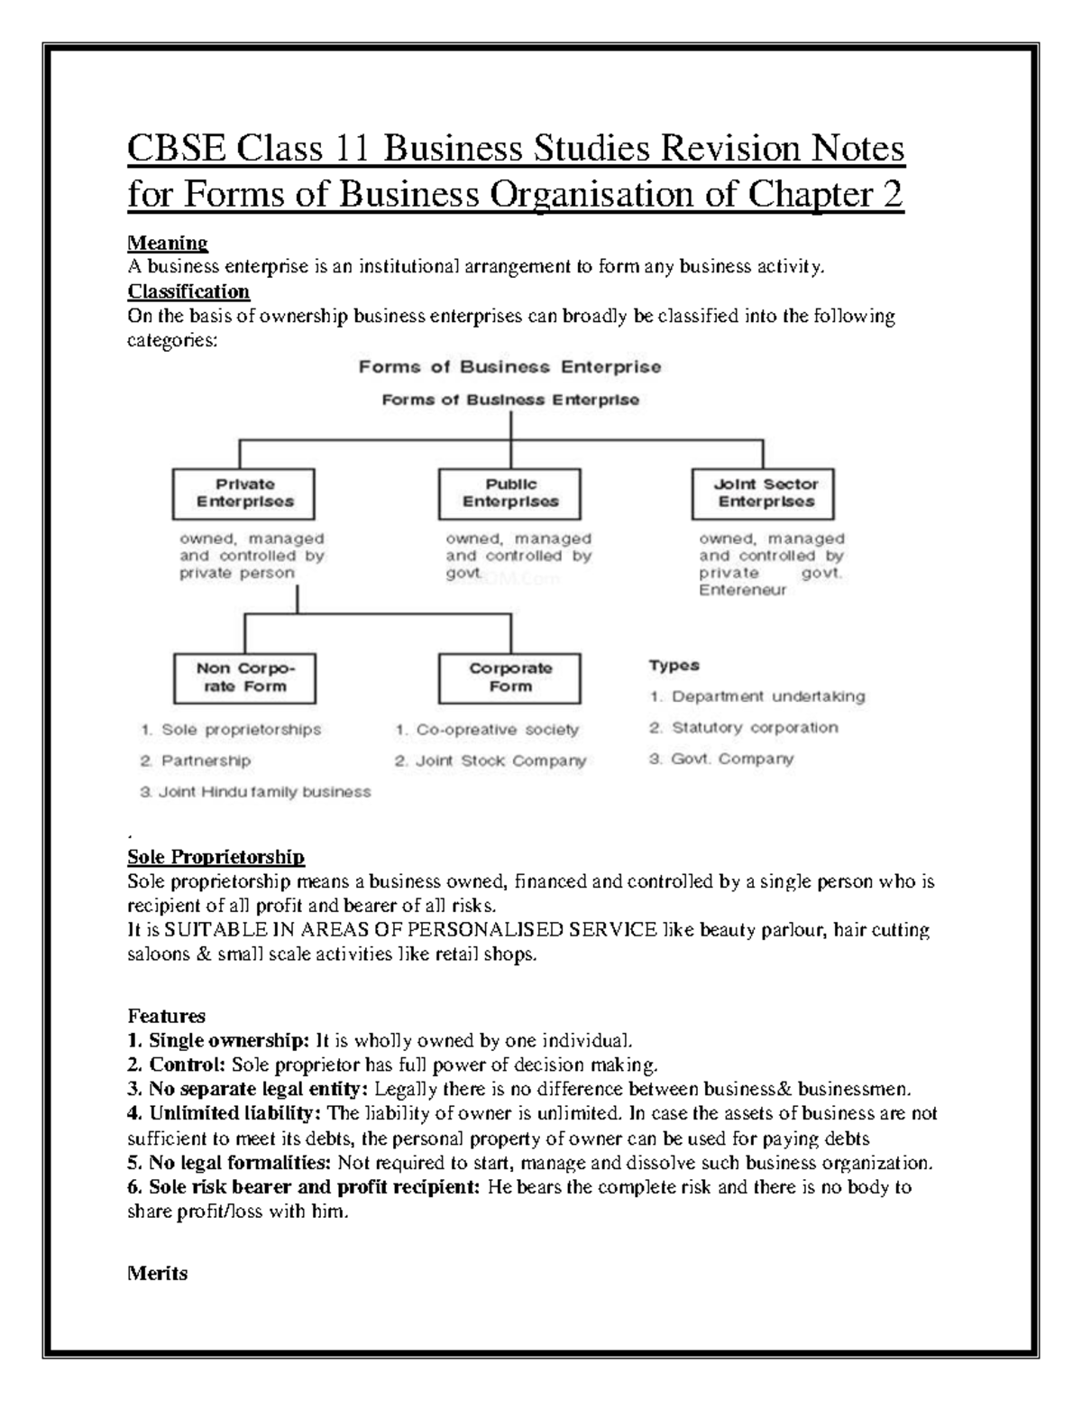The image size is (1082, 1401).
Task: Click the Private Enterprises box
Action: click(243, 493)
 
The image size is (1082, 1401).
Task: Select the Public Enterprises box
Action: click(509, 493)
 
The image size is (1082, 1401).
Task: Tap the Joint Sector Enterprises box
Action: click(764, 493)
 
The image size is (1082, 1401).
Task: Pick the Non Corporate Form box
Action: click(244, 677)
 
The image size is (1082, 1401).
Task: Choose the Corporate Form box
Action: click(509, 677)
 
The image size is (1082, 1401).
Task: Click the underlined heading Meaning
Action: click(168, 243)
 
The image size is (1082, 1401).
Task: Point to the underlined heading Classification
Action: click(188, 291)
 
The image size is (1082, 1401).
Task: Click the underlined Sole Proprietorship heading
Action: click(215, 856)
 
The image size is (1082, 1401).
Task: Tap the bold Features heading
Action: click(166, 1015)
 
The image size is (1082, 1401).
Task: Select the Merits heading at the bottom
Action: click(158, 1273)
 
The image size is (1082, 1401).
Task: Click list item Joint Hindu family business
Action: click(255, 792)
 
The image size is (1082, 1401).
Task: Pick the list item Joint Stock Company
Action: click(491, 760)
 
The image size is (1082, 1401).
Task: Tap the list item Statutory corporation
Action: click(744, 727)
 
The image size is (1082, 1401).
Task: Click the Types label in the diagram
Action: click(674, 666)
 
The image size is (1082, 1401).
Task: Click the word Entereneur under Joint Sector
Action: click(742, 590)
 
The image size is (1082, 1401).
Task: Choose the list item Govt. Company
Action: click(721, 759)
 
